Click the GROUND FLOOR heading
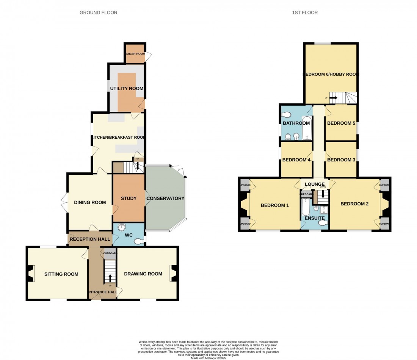98,13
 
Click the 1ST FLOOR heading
305,13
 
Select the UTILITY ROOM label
127,88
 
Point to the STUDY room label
129,198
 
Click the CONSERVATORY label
165,198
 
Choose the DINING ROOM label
90,202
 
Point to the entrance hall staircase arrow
110,278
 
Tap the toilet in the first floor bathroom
287,114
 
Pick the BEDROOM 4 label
296,160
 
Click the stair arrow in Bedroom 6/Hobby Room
333,98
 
